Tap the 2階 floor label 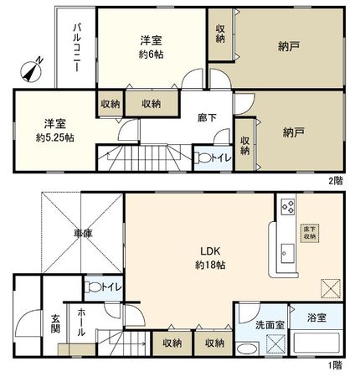coord(336,181)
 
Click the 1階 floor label coord(336,365)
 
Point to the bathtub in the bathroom coord(316,344)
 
